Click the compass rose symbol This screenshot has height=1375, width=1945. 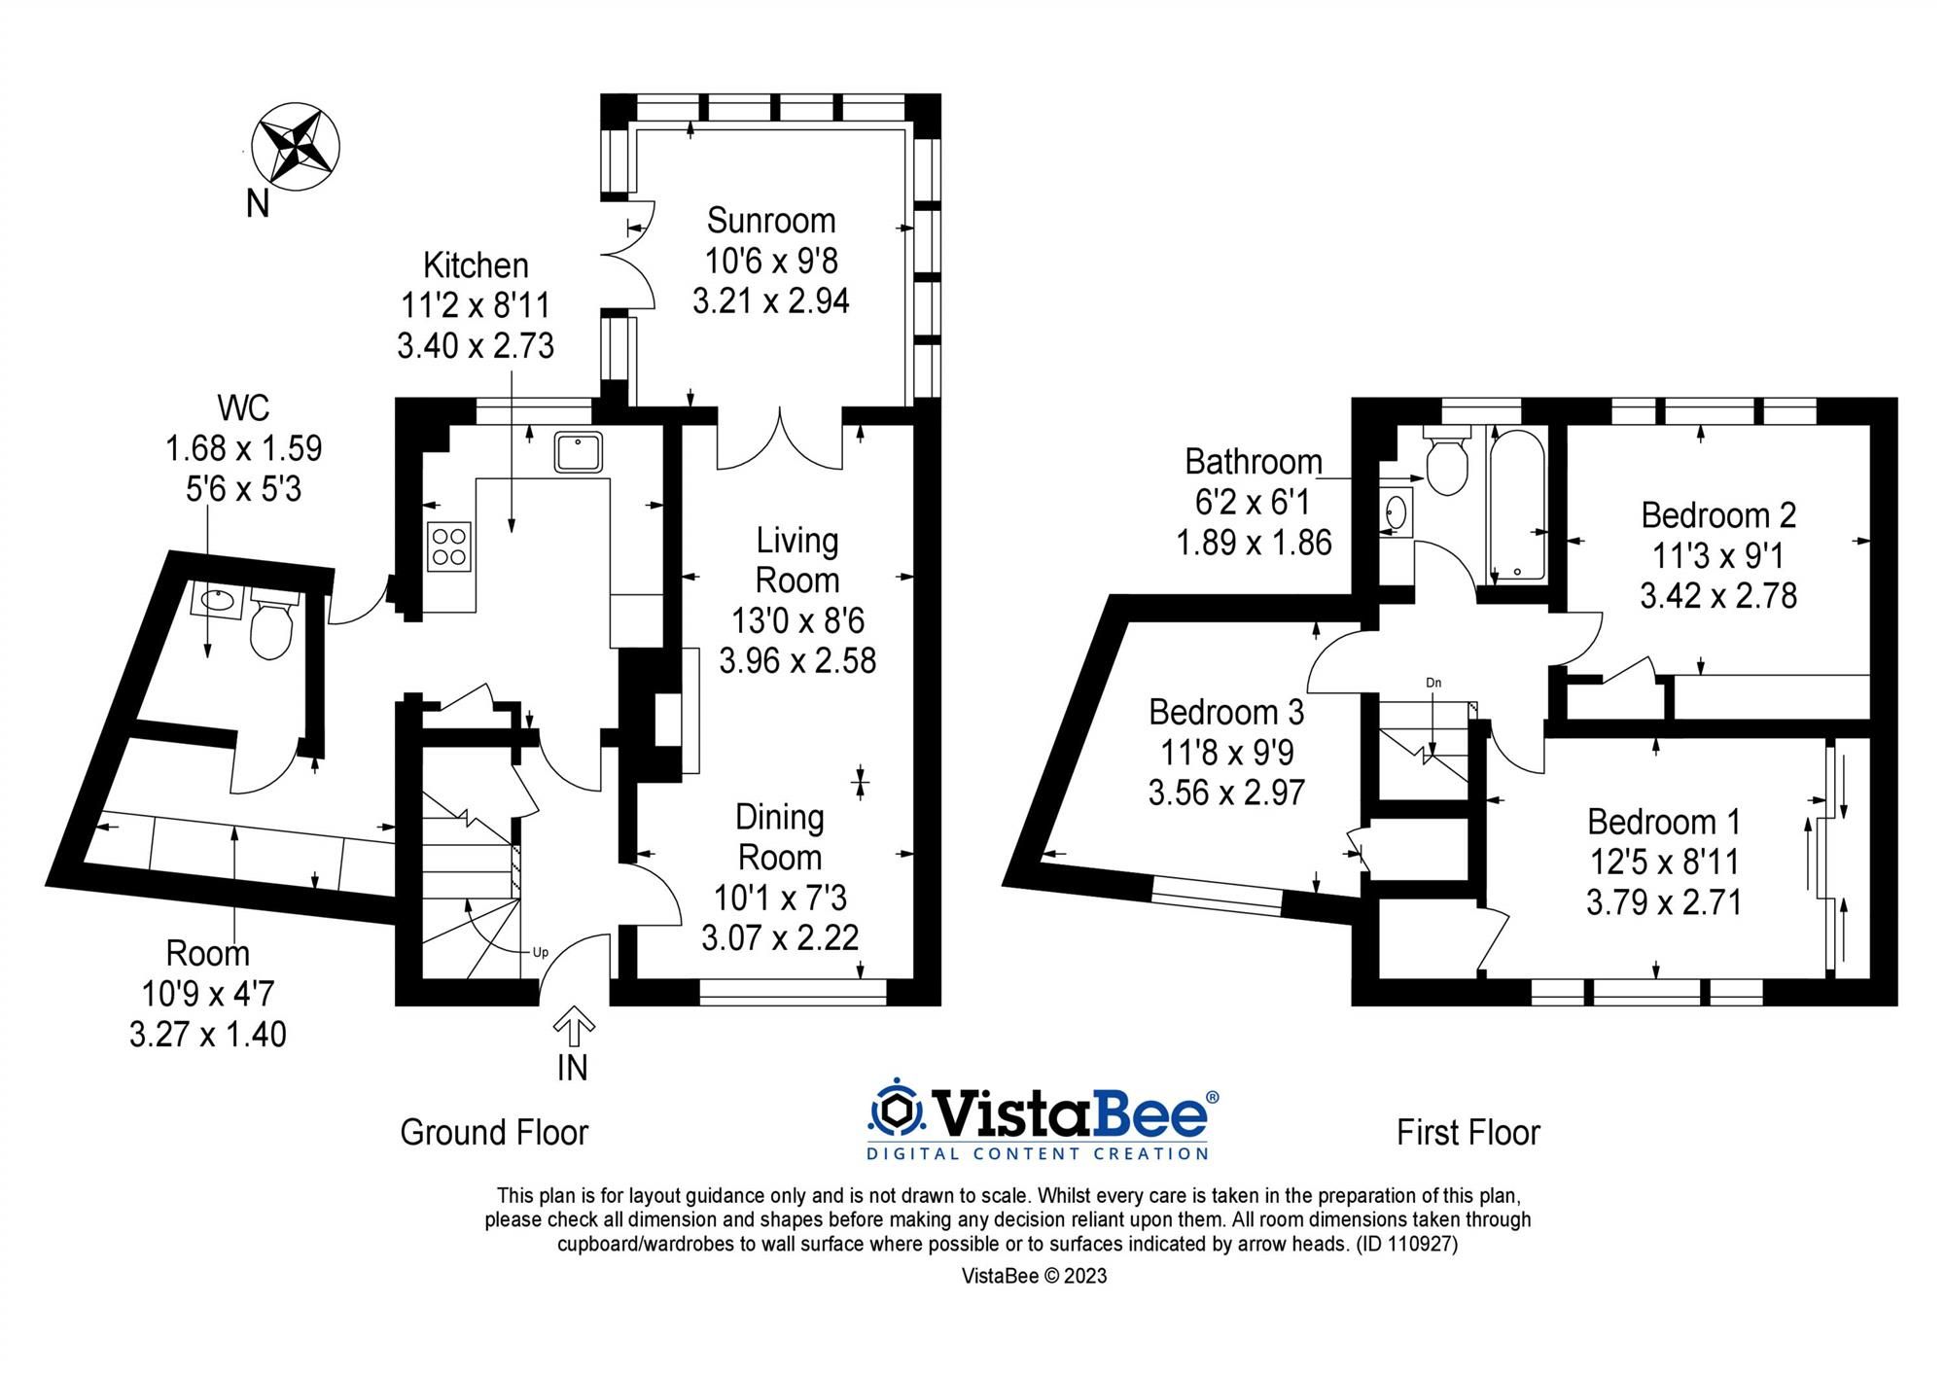[x=296, y=146]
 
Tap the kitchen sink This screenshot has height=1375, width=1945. [x=579, y=453]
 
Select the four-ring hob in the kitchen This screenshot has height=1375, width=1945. [x=449, y=546]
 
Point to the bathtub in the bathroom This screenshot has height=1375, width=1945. [x=1514, y=506]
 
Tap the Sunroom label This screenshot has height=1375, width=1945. [x=771, y=221]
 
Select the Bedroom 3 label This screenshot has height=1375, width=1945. [x=1225, y=712]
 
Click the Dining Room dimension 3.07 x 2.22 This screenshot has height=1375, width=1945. [x=780, y=937]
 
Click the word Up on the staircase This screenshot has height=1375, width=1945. [x=541, y=952]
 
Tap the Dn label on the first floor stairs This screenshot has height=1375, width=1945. [x=1433, y=683]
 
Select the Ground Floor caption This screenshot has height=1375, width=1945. [x=494, y=1133]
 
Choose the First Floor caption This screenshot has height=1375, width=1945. [x=1468, y=1133]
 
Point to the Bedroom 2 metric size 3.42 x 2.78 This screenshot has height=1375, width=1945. [x=1718, y=595]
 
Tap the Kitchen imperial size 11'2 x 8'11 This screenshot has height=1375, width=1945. [x=476, y=305]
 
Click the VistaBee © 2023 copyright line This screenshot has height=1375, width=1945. [x=1034, y=1276]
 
